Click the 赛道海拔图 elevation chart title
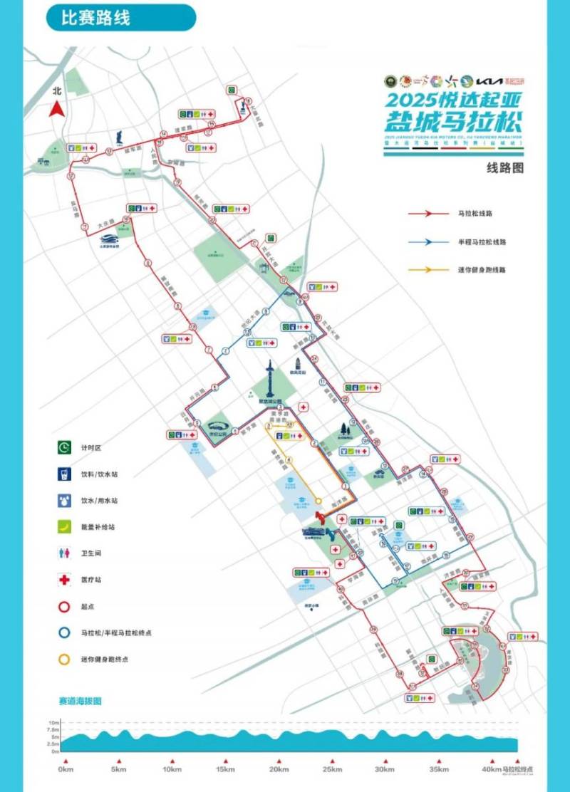[x=80, y=701]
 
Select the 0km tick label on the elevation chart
[x=66, y=769]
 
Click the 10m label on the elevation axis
[x=54, y=723]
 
